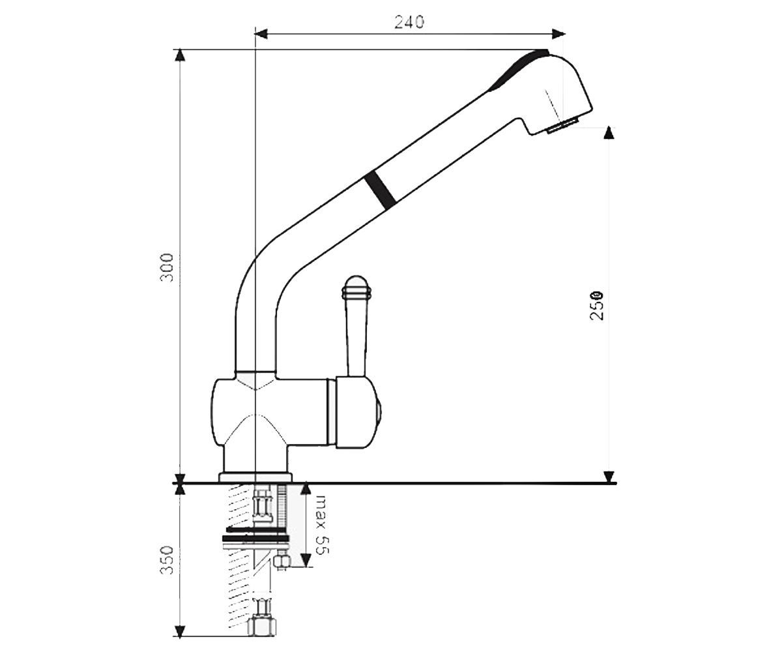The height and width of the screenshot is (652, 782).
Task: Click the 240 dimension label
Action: point(409,22)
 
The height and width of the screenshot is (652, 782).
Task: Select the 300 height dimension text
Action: point(167,267)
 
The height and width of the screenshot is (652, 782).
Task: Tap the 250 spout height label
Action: point(597,305)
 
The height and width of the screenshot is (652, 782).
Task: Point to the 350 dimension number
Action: point(167,560)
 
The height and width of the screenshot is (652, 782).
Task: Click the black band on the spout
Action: point(380,190)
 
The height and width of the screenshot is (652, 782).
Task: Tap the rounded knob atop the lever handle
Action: point(356,287)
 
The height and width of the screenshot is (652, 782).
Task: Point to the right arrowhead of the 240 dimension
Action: point(558,34)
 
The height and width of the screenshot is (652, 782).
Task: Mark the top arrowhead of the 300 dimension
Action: point(181,55)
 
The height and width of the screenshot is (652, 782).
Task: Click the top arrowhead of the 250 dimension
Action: point(609,133)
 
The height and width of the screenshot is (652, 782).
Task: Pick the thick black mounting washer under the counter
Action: point(256,538)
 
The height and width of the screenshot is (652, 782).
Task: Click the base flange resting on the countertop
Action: point(255,477)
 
